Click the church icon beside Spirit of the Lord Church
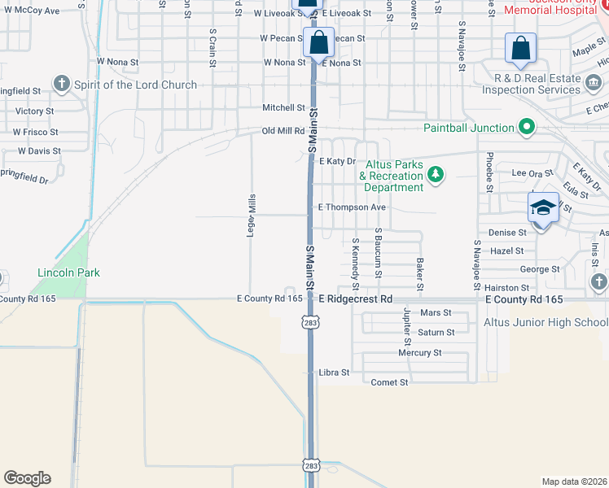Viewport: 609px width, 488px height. [x=61, y=83]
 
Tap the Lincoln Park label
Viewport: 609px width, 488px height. [x=68, y=272]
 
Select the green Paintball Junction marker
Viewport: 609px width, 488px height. [x=526, y=127]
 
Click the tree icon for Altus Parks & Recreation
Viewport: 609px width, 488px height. [x=436, y=174]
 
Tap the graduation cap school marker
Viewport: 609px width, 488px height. [x=543, y=209]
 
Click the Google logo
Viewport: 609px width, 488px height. [x=27, y=478]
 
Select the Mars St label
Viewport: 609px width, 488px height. [x=436, y=312]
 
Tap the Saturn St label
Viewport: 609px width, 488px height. [x=436, y=333]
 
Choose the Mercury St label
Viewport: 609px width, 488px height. [x=419, y=353]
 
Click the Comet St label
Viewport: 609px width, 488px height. [x=389, y=382]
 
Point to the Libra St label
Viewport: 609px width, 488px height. [x=334, y=373]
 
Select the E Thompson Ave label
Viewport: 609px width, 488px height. [x=352, y=207]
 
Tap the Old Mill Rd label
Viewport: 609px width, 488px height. [x=283, y=130]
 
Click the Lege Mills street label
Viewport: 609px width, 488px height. [x=252, y=216]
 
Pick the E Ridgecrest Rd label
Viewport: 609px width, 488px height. [x=356, y=299]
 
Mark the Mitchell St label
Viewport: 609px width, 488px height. [x=283, y=107]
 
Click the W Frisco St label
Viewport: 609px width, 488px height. [x=36, y=132]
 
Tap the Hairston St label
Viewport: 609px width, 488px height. [x=506, y=288]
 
